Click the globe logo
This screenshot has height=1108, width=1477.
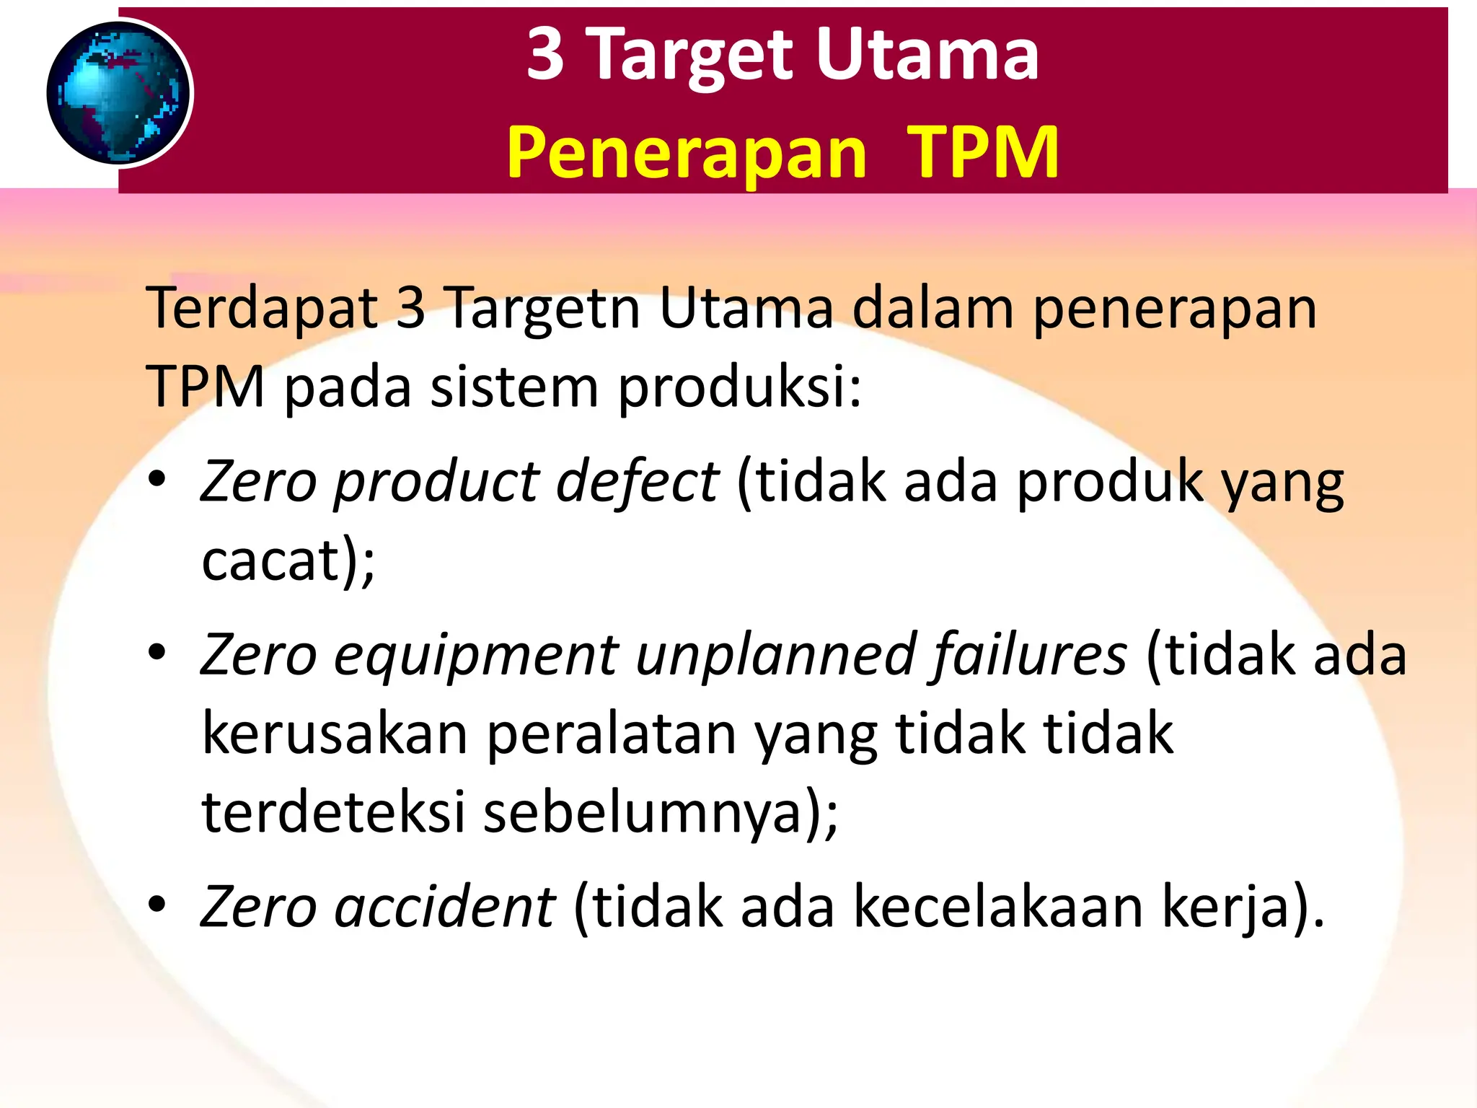119,92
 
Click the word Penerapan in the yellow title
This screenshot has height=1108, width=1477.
686,152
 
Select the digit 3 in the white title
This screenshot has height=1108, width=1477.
545,54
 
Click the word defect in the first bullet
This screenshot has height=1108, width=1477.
637,481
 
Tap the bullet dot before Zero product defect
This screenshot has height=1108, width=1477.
157,480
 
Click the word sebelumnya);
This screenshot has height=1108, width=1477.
660,812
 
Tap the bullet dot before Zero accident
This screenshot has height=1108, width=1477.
157,905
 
